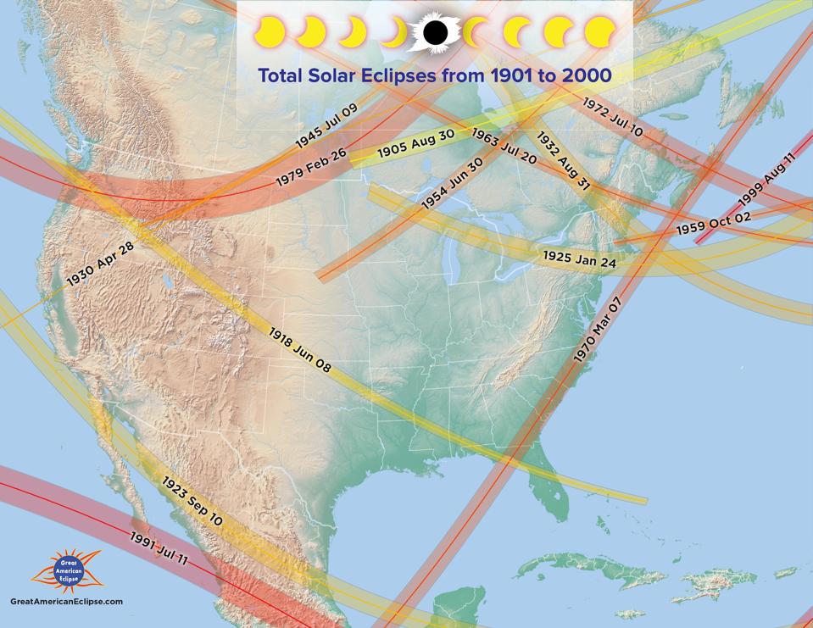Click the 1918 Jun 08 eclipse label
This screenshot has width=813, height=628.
click(x=300, y=350)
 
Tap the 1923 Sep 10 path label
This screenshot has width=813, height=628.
click(x=192, y=500)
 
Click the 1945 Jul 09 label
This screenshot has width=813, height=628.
click(x=326, y=128)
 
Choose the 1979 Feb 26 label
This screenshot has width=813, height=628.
click(x=311, y=168)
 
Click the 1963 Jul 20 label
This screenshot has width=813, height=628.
click(x=504, y=147)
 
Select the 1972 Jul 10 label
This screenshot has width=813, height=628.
click(x=612, y=116)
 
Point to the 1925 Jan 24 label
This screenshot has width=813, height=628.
click(x=580, y=258)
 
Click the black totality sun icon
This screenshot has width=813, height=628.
click(x=435, y=33)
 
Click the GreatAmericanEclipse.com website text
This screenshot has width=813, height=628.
click(x=66, y=601)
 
